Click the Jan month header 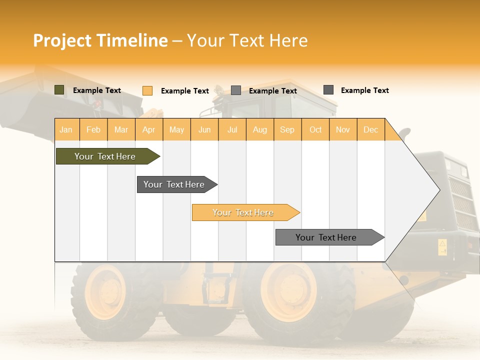[66, 129]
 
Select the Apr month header [148, 129]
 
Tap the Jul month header [232, 129]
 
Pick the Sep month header [287, 129]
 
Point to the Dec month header [370, 129]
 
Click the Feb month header [93, 129]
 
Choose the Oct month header [315, 129]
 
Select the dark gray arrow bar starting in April [175, 184]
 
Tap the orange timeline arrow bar [244, 212]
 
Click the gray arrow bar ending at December [327, 237]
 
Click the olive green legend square [59, 90]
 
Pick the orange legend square [147, 90]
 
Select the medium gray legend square [236, 90]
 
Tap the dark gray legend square [328, 90]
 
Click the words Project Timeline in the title [100, 40]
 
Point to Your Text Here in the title [247, 40]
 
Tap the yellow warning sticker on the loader [442, 246]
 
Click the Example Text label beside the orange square [185, 91]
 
